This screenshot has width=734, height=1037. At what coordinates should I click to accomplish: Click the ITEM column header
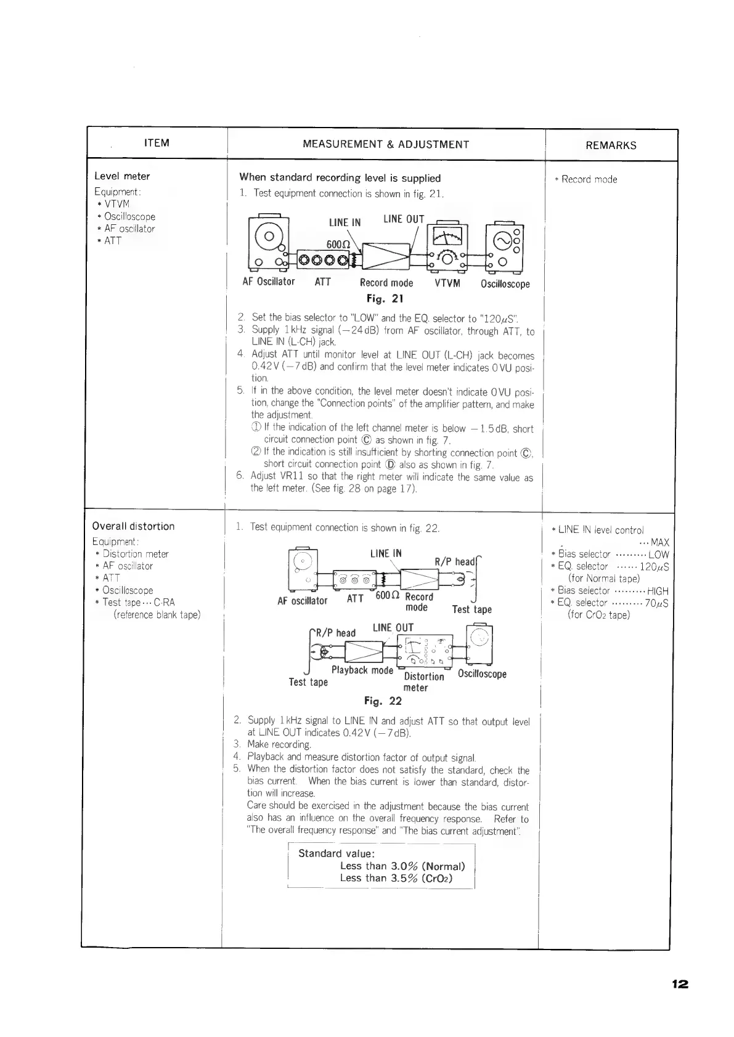coord(156,144)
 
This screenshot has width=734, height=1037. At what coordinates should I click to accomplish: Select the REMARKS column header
coord(611,146)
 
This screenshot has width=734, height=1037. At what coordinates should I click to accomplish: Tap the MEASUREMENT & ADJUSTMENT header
coord(386,145)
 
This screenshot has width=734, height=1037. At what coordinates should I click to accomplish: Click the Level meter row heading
coord(122,176)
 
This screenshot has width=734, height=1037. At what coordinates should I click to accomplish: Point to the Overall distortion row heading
coord(133,526)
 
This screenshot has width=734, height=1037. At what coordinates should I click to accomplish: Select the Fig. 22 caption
coord(383,701)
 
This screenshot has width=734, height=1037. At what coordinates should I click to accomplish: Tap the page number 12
coord(680,984)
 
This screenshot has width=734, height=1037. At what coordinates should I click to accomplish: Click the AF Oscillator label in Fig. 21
coord(269,282)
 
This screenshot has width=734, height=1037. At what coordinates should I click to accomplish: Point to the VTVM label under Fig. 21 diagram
coord(447,283)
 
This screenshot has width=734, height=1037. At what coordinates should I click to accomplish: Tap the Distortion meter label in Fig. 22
coord(423,681)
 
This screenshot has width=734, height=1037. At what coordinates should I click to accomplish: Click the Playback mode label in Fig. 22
coord(362,670)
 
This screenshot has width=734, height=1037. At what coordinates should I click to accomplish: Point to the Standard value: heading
coord(336,853)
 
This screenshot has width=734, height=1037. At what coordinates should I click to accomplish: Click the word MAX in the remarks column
coord(659,543)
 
